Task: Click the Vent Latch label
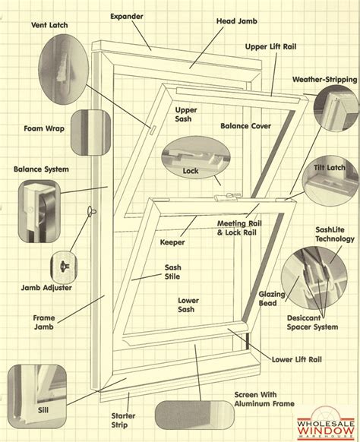(x=49, y=25)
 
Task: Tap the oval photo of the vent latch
(x=64, y=69)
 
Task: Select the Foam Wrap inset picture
(x=91, y=132)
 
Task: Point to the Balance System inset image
(x=39, y=211)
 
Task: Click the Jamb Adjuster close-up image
(x=64, y=267)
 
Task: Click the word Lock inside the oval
(x=191, y=171)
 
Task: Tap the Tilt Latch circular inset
(x=330, y=181)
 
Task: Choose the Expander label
(x=127, y=17)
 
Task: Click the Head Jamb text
(x=237, y=21)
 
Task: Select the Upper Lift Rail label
(x=270, y=47)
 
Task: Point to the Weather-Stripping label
(x=325, y=80)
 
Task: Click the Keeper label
(x=172, y=242)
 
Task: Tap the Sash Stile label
(x=172, y=272)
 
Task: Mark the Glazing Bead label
(x=272, y=298)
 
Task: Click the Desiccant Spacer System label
(x=312, y=323)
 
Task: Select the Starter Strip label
(x=123, y=420)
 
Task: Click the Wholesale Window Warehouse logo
(x=326, y=423)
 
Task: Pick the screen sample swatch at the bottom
(x=194, y=415)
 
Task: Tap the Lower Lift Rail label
(x=296, y=360)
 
